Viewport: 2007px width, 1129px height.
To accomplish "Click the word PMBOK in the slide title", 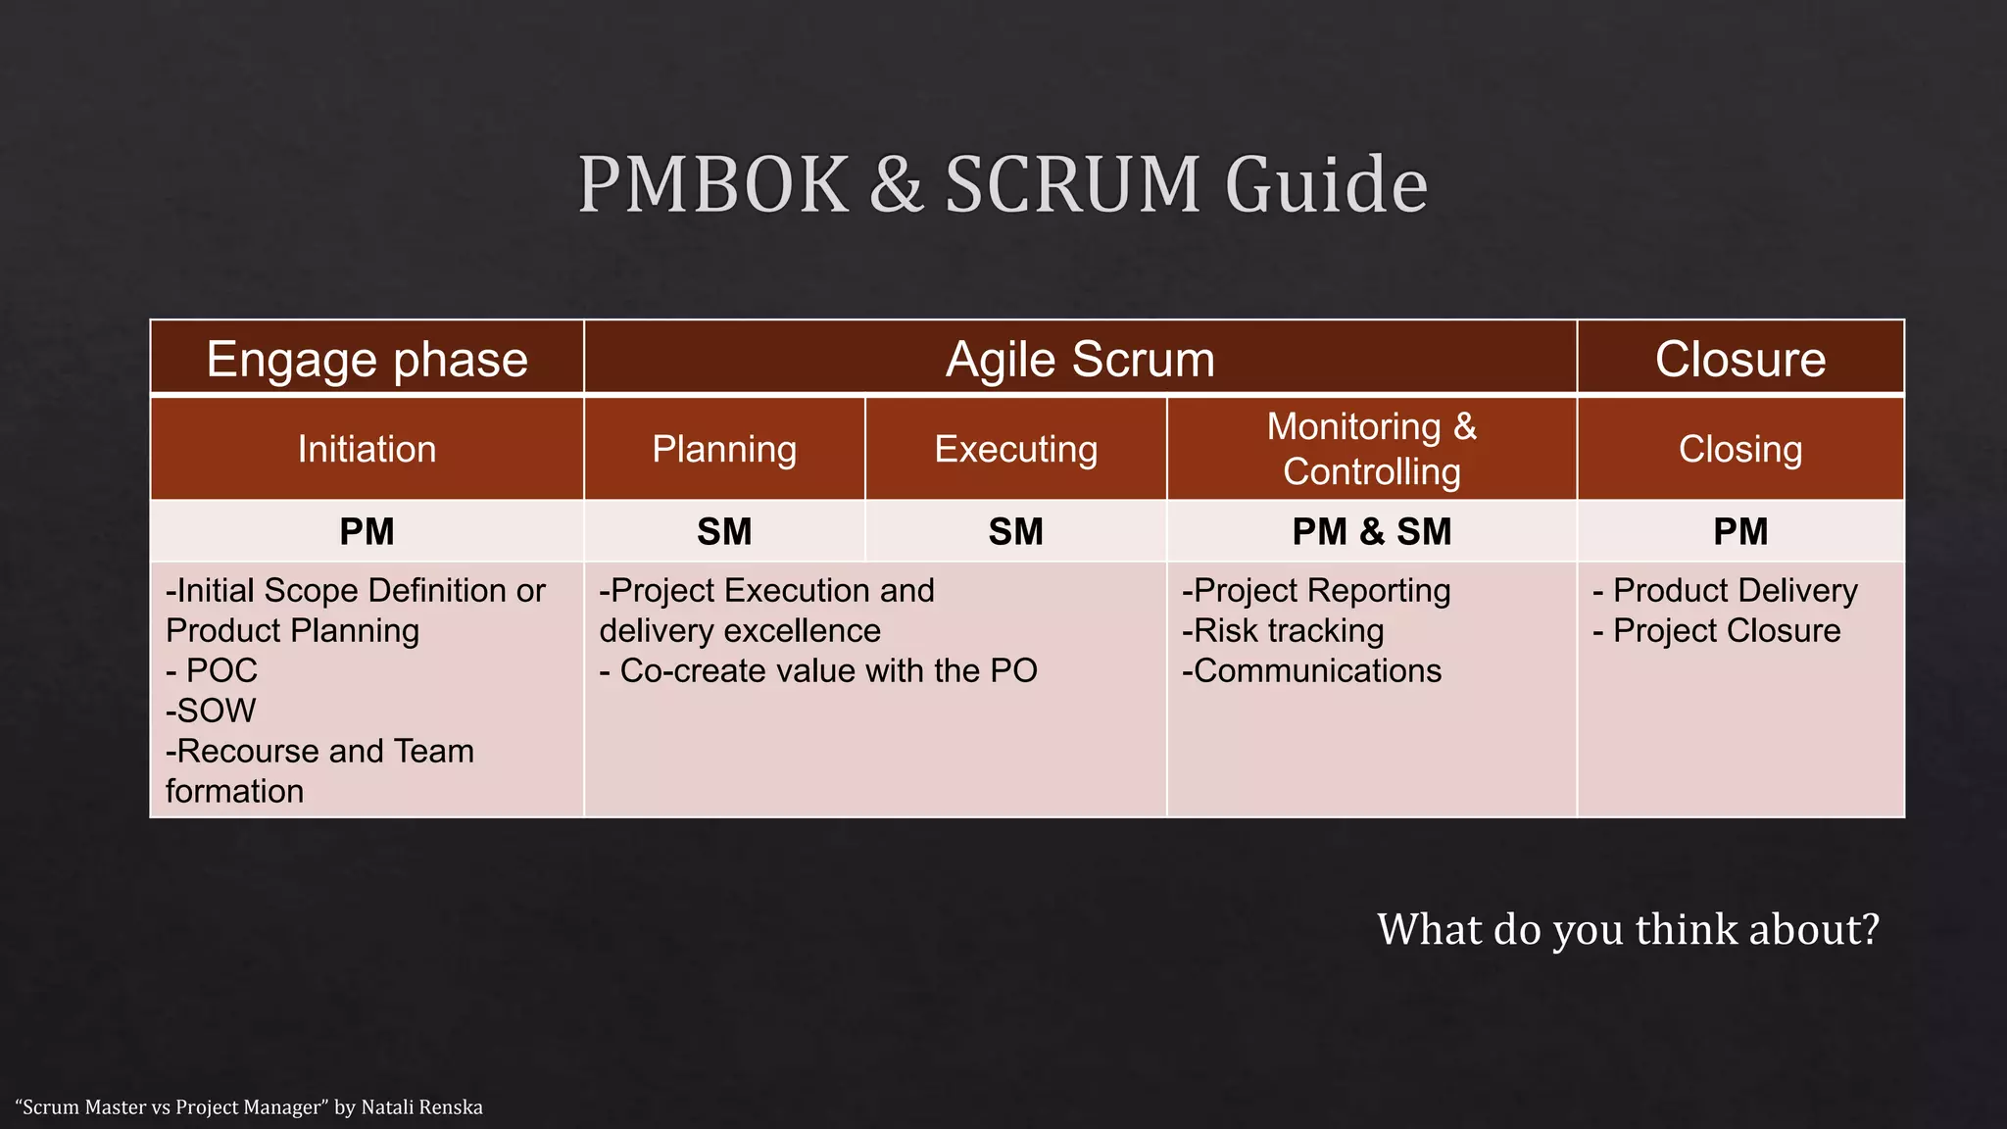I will click(713, 184).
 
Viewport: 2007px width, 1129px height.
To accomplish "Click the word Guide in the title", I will click(1326, 184).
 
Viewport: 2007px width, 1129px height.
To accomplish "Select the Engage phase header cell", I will click(367, 359).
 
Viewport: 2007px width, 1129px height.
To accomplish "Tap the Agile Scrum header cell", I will click(1080, 359).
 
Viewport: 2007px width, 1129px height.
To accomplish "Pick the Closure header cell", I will click(1740, 359).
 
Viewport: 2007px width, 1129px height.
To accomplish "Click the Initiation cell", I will click(367, 449).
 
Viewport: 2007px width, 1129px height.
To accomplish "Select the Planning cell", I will click(724, 449).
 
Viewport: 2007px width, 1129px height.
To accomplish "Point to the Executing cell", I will click(1015, 449).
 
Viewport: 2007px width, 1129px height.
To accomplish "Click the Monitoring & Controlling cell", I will click(1371, 449).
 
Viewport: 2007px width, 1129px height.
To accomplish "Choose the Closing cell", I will click(1740, 449).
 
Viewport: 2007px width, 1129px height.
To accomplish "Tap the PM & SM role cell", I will click(1371, 531).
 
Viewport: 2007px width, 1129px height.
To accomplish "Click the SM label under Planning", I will click(724, 531).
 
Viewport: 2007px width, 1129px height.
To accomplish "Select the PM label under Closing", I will click(1740, 531).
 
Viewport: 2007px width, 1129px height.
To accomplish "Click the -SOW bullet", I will click(211, 711).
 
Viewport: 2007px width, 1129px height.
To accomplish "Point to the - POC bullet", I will click(212, 670).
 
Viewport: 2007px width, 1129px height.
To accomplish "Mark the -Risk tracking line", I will click(1283, 630).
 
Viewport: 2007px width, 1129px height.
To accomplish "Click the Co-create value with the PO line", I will click(818, 670).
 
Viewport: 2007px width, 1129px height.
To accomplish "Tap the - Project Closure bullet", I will click(1717, 630).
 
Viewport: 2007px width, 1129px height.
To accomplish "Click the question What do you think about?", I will click(1628, 929).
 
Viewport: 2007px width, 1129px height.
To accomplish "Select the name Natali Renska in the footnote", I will click(421, 1107).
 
